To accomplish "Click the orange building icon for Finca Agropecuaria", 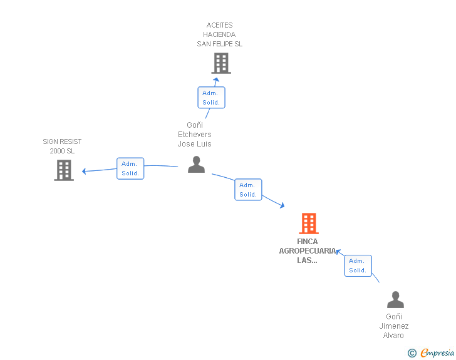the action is (309, 224).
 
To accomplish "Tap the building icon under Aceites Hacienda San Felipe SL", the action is (221, 63).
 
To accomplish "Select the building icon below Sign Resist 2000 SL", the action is (64, 170).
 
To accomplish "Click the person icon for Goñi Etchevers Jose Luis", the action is (196, 165).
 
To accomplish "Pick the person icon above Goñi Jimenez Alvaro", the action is (395, 299).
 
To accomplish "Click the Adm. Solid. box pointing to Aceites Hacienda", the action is (212, 98).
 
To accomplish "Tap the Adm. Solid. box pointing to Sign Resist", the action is (130, 168).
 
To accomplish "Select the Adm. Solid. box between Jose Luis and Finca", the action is (248, 190).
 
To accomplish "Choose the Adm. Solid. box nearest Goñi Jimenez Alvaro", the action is (358, 265).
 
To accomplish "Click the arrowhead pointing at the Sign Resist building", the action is (84, 171).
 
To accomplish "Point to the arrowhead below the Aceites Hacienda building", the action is (216, 80).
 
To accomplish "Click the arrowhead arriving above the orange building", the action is (282, 205).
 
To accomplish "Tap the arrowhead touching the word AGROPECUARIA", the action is (338, 252).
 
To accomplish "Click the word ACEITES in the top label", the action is (220, 25).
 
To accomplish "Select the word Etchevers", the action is (195, 135).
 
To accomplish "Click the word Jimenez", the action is (394, 326).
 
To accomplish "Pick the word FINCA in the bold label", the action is (308, 242).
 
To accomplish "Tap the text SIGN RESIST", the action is (62, 141).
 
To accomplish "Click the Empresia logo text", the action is (437, 353).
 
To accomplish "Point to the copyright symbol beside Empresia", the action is (412, 353).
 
